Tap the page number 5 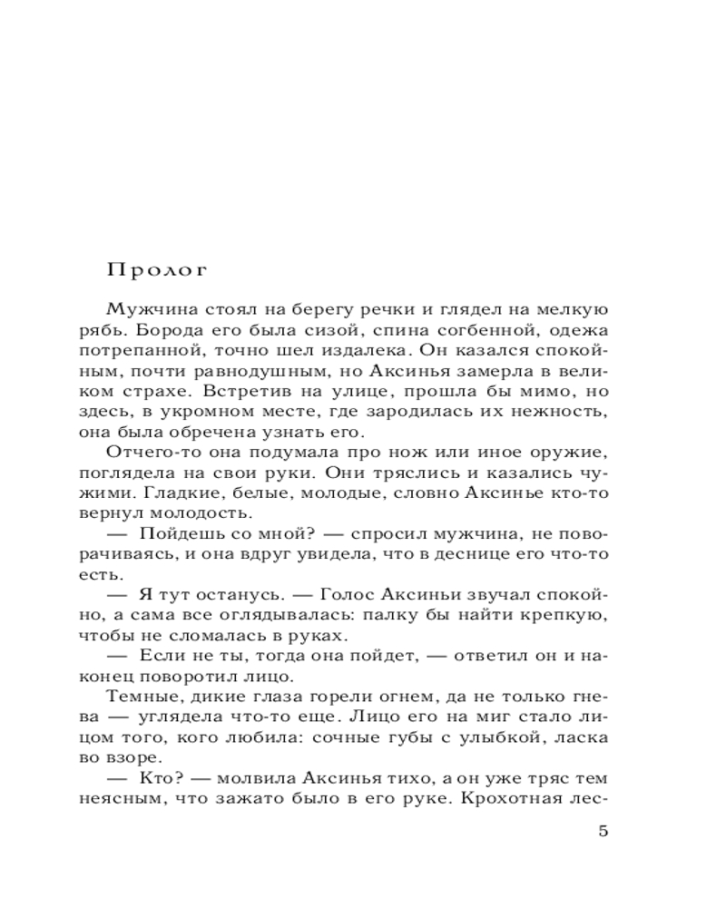(603, 832)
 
